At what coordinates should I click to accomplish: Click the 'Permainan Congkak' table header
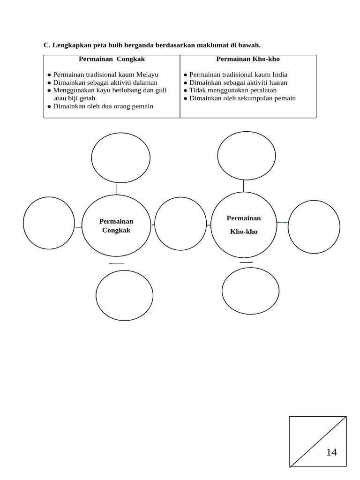pyautogui.click(x=112, y=60)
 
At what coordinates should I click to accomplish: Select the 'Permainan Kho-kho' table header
pyautogui.click(x=247, y=60)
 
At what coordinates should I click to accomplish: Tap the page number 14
pyautogui.click(x=331, y=452)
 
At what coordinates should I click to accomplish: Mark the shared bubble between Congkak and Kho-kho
pyautogui.click(x=180, y=224)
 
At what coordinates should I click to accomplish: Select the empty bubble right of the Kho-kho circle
pyautogui.click(x=314, y=227)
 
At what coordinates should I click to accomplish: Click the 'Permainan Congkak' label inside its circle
pyautogui.click(x=116, y=226)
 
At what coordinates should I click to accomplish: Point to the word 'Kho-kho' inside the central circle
pyautogui.click(x=244, y=232)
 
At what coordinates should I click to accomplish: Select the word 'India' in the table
pyautogui.click(x=280, y=75)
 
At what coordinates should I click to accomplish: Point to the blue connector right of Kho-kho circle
pyautogui.click(x=282, y=222)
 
